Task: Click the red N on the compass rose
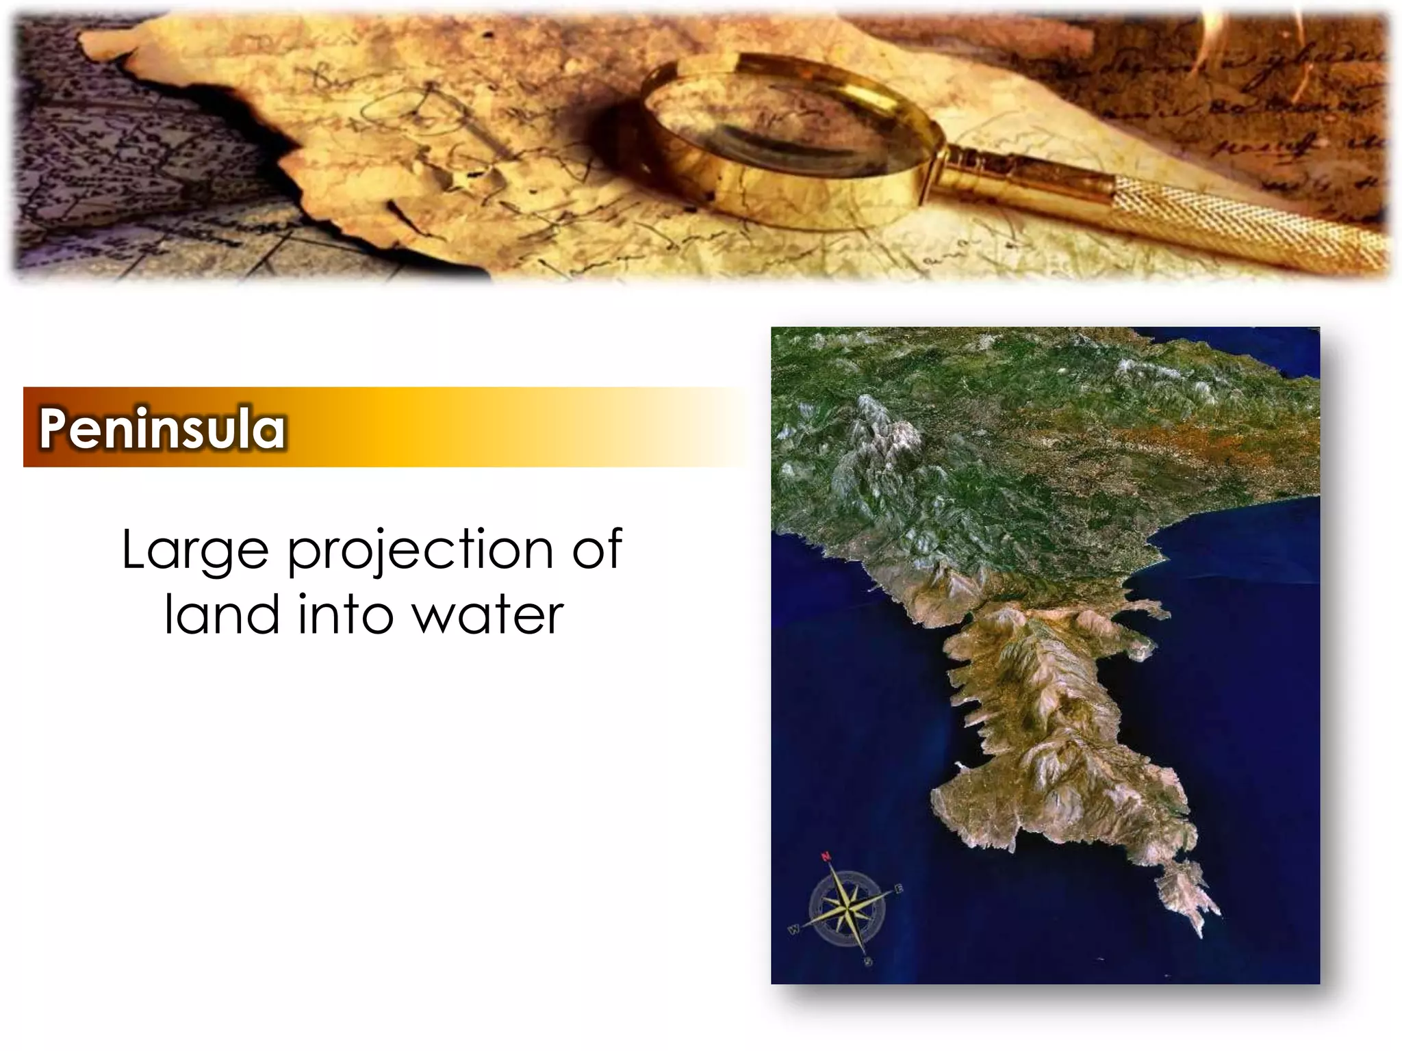point(826,856)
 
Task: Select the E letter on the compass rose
point(899,889)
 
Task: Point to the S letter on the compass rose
point(868,962)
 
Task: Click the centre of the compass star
point(847,909)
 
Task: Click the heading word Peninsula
point(162,428)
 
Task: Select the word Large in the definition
point(195,550)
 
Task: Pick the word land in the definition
point(222,614)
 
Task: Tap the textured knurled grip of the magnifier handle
point(1246,219)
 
